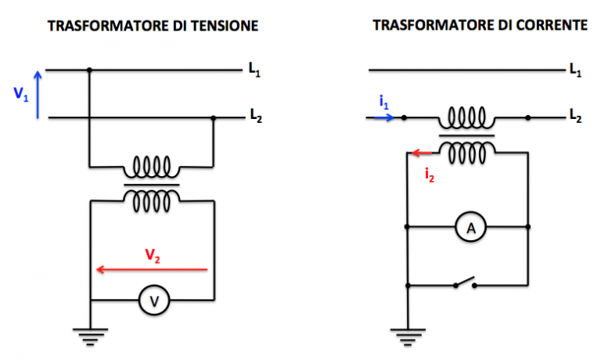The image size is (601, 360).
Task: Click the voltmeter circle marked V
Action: click(x=153, y=301)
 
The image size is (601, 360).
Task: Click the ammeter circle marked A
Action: click(x=470, y=228)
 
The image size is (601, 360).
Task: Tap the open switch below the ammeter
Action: click(x=465, y=283)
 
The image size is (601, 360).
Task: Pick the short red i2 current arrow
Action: click(x=423, y=153)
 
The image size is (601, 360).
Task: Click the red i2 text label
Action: click(x=429, y=175)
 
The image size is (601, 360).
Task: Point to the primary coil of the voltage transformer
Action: click(x=152, y=167)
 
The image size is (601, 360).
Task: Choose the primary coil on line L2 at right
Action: click(x=466, y=118)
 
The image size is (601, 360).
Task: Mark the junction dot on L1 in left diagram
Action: click(x=89, y=70)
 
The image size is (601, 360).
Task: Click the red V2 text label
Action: click(x=153, y=254)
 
